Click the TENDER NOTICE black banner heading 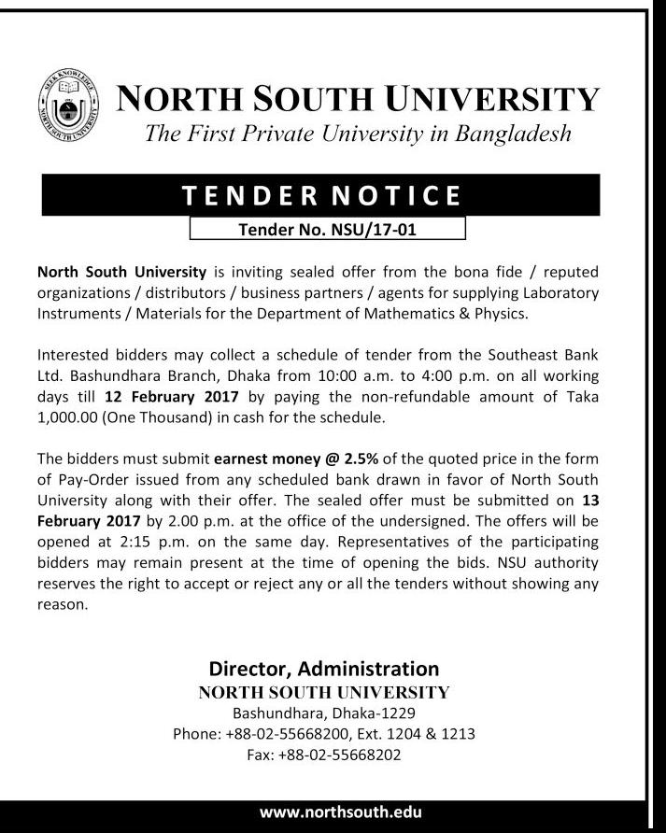click(320, 196)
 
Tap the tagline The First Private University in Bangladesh click(358, 133)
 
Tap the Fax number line click(324, 755)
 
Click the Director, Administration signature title click(324, 669)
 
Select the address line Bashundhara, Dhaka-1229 click(324, 713)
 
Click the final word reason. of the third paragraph click(63, 604)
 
